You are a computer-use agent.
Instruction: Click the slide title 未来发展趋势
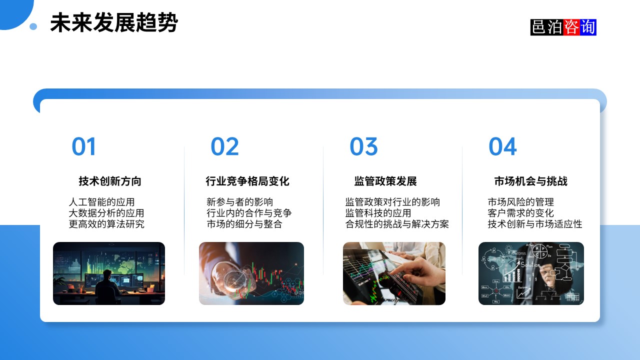[114, 23]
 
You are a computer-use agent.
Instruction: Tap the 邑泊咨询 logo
[563, 27]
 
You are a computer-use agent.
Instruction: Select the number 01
[83, 146]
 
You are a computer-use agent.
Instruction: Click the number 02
[224, 146]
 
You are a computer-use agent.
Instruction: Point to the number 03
[363, 146]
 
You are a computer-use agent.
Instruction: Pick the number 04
[502, 146]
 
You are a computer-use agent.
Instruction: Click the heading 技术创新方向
[110, 181]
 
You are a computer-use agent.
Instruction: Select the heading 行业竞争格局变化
[247, 181]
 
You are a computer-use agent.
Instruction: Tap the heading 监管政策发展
[385, 181]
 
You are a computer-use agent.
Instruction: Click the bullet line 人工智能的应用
[101, 202]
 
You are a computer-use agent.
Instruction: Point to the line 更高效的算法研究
[106, 224]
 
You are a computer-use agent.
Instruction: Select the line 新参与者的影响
[240, 202]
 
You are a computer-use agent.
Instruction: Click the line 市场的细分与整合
[244, 224]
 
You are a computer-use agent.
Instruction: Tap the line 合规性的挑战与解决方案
[397, 224]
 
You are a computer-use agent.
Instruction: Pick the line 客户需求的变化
[520, 213]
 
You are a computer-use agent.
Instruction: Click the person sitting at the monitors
[106, 285]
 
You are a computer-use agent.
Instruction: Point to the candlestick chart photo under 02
[251, 273]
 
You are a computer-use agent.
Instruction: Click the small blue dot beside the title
[33, 26]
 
